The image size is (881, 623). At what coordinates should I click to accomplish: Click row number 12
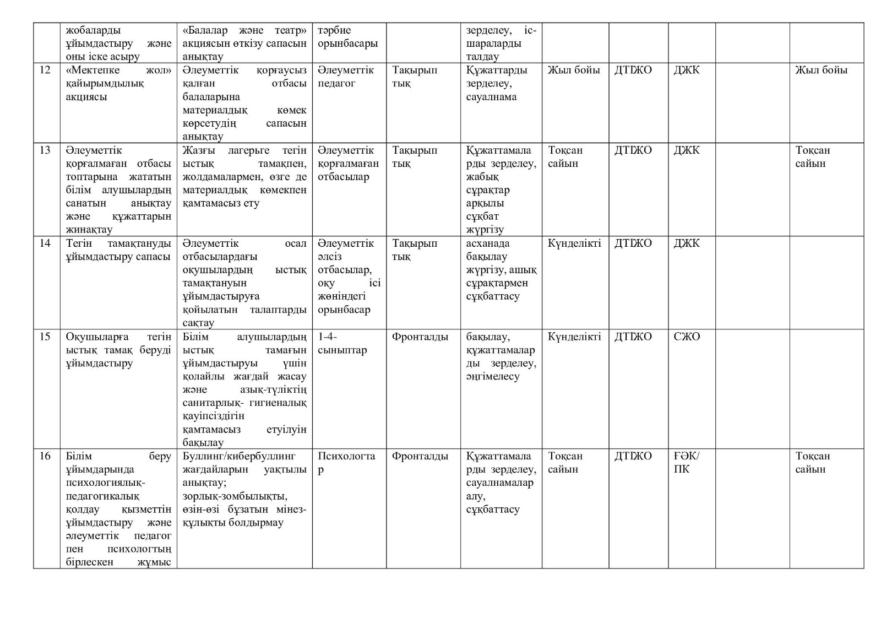pos(45,71)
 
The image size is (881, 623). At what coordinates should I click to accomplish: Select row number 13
pos(45,150)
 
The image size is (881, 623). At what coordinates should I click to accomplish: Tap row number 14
pos(45,243)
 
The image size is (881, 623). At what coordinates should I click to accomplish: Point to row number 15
pos(45,337)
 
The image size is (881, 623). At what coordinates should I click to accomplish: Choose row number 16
pos(45,456)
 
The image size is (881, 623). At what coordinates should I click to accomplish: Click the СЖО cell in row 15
pos(687,337)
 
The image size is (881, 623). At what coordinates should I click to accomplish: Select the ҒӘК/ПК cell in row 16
pos(686,463)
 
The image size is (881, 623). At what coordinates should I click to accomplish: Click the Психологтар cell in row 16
pos(346,463)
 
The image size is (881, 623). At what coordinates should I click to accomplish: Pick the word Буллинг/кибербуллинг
pos(239,456)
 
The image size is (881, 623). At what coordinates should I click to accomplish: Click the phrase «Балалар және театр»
pos(244,30)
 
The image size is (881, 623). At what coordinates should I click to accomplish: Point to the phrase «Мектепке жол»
pos(118,71)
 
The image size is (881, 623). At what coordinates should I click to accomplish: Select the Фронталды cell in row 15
pos(420,337)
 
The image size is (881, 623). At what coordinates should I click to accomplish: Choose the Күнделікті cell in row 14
pos(574,243)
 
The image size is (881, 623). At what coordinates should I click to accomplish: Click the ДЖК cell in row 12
pos(686,71)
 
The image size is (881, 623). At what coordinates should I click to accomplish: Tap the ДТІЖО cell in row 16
pos(633,456)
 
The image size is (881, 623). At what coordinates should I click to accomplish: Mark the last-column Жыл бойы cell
pos(821,71)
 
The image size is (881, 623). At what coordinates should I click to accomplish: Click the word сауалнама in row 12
pos(491,97)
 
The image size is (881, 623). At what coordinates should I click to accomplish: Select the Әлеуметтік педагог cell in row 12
pos(345,77)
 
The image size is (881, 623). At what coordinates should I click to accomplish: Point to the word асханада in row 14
pos(488,243)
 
